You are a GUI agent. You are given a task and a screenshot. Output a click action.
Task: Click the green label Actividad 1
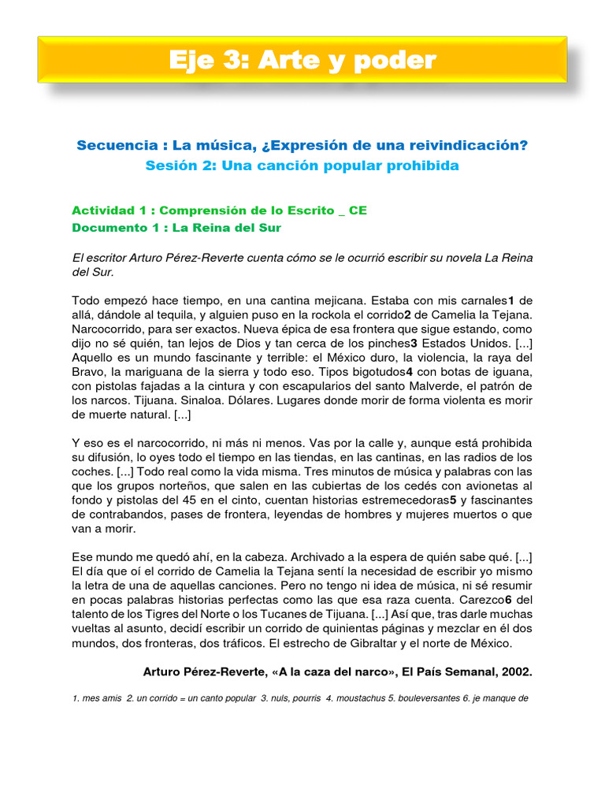[115, 210]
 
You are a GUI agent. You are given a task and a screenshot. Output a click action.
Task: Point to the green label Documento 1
[117, 228]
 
